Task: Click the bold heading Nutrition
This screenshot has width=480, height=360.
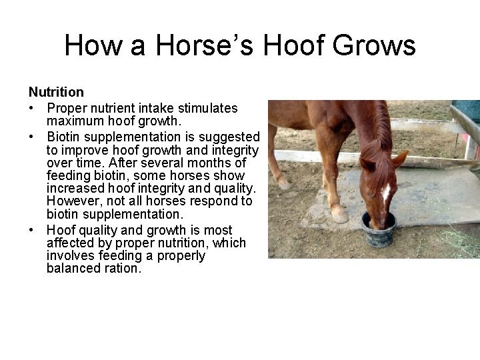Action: (56, 92)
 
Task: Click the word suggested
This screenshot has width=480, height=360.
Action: (228, 135)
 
